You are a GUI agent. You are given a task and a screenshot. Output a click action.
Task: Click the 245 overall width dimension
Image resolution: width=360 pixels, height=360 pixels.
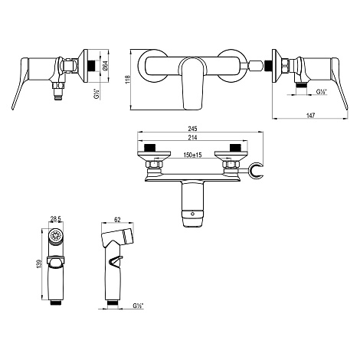[192, 129]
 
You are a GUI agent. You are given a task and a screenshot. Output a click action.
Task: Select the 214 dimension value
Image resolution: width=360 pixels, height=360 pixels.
[193, 137]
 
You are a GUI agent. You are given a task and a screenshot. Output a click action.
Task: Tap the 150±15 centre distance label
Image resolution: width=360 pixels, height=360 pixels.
[192, 155]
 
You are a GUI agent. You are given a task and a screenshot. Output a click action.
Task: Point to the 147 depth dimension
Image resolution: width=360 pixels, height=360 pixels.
[310, 116]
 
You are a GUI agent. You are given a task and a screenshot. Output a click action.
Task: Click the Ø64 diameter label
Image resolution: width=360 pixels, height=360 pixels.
[105, 66]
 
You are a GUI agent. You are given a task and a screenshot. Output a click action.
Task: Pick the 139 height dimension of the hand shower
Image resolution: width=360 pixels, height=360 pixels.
[39, 264]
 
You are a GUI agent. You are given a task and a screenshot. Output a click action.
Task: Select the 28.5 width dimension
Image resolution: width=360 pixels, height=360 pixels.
[55, 219]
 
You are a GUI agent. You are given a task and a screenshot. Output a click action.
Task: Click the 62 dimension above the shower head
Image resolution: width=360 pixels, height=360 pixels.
[117, 219]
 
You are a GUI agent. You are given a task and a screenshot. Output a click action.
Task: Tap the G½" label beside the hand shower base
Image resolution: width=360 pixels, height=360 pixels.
[138, 305]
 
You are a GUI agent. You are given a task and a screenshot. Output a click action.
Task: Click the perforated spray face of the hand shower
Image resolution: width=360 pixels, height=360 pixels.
[55, 235]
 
